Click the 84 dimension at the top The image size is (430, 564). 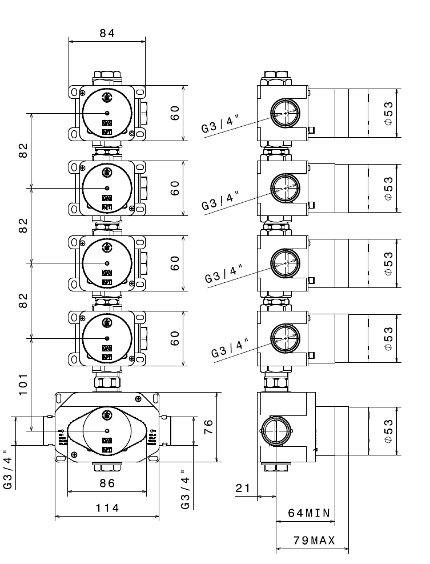[x=107, y=33]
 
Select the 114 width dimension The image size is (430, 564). [x=107, y=508]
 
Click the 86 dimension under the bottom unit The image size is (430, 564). [x=107, y=483]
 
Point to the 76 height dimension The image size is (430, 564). [x=208, y=426]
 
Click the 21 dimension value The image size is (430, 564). [x=243, y=488]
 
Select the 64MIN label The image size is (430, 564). [x=308, y=513]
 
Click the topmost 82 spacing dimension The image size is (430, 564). [x=23, y=150]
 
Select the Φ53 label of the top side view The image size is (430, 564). [x=388, y=113]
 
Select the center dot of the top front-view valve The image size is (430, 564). [x=107, y=113]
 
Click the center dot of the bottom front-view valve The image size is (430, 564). [x=107, y=430]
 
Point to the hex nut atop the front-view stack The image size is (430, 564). [x=107, y=75]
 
